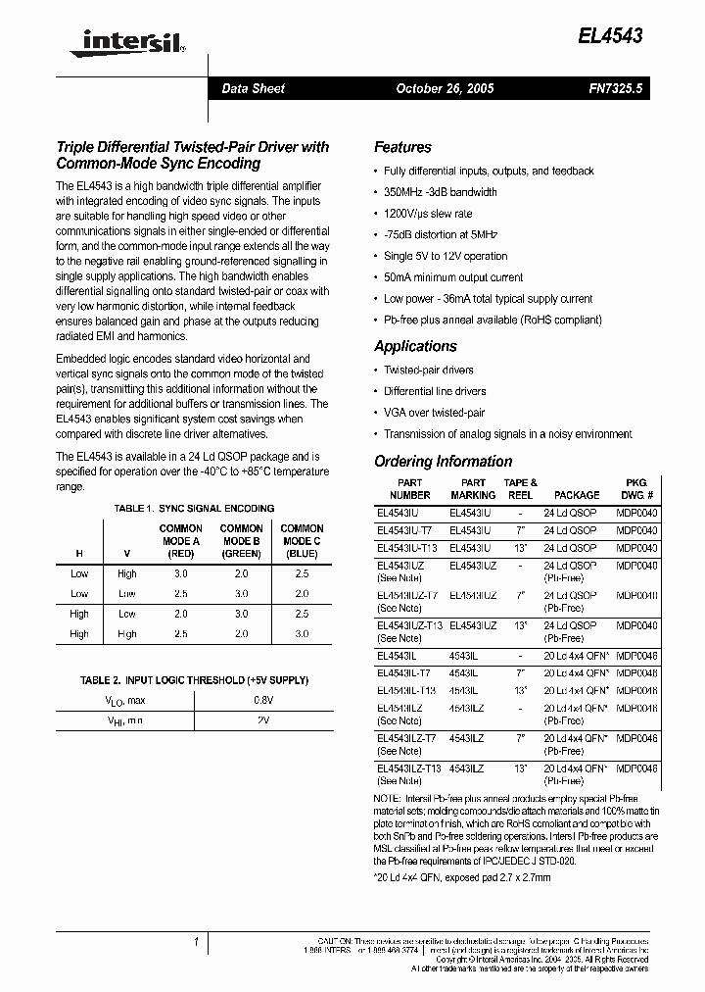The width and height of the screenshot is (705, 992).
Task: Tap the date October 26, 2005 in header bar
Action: (x=444, y=88)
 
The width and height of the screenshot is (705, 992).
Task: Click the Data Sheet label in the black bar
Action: (x=253, y=88)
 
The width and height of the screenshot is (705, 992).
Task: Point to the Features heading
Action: (x=402, y=147)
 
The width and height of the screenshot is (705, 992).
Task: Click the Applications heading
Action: (x=415, y=346)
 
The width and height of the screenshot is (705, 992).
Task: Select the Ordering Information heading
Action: (x=443, y=461)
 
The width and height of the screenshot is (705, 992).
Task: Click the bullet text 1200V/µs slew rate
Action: (x=428, y=214)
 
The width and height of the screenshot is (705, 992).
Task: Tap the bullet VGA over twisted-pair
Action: (x=434, y=413)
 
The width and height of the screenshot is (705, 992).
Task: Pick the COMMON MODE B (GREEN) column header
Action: (x=241, y=540)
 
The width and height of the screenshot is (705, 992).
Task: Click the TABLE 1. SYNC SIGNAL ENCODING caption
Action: (x=194, y=509)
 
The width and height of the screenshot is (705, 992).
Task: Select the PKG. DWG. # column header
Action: (x=636, y=488)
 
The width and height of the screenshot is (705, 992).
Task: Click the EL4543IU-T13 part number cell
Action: (x=406, y=548)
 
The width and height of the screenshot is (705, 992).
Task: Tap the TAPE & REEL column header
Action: (x=519, y=488)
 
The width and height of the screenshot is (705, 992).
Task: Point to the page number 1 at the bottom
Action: (x=197, y=942)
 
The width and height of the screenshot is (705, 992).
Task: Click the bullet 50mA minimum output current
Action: (x=453, y=277)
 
